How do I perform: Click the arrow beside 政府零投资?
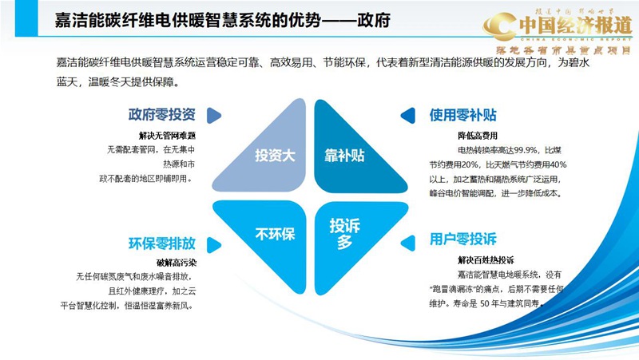coord(213,114)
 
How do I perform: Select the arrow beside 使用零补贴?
coord(407,114)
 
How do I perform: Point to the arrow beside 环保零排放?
coord(213,243)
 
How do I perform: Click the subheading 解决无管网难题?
coord(167,136)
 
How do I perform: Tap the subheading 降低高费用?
coord(477,136)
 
